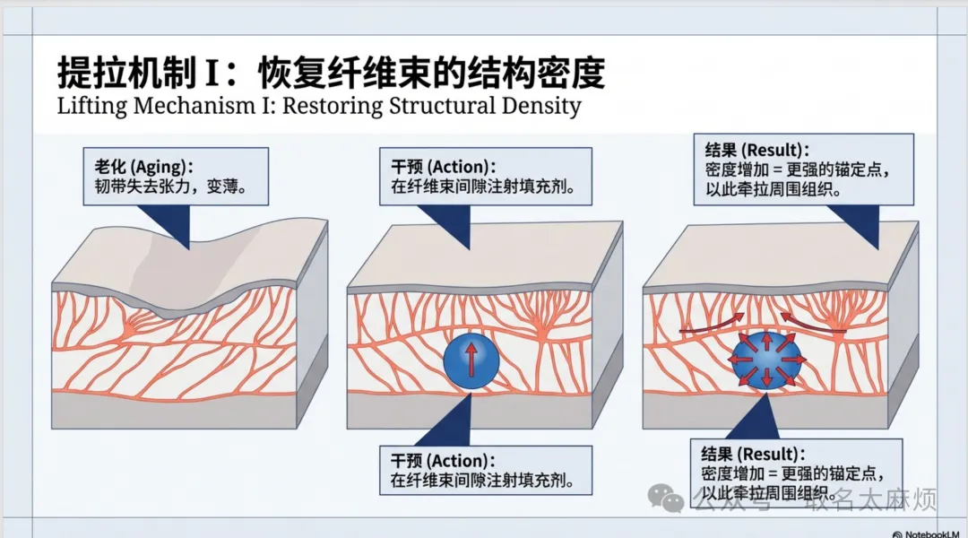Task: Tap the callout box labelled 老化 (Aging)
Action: [x=177, y=175]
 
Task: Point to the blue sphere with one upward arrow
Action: [x=471, y=361]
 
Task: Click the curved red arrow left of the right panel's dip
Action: [x=712, y=325]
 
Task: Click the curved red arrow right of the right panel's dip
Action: [x=811, y=323]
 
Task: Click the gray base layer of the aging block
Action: [x=175, y=410]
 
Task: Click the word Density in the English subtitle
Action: [x=537, y=106]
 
